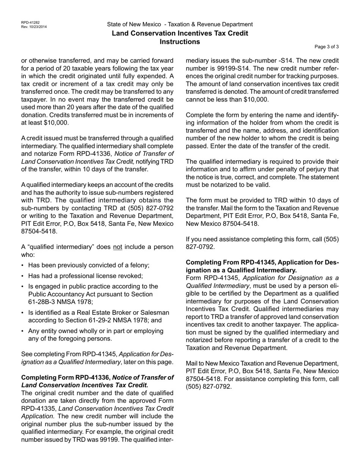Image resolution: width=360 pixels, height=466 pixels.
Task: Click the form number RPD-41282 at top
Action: click(x=30, y=23)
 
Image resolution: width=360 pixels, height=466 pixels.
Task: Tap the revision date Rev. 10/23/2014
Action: click(x=34, y=27)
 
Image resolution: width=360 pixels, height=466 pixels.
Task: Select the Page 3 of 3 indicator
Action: click(x=327, y=47)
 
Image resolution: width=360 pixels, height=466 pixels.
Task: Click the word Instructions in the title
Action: click(x=180, y=42)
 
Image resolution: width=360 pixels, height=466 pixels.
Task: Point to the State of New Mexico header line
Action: click(x=180, y=24)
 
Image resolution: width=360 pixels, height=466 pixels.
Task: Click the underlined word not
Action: click(x=117, y=247)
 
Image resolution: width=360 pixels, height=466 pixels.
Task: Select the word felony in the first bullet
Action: click(x=138, y=266)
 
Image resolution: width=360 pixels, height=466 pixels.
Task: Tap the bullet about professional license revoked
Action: click(x=85, y=276)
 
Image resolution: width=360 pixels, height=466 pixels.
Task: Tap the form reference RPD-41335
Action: click(x=39, y=409)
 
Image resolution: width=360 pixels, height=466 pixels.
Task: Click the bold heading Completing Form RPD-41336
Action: click(x=66, y=378)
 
